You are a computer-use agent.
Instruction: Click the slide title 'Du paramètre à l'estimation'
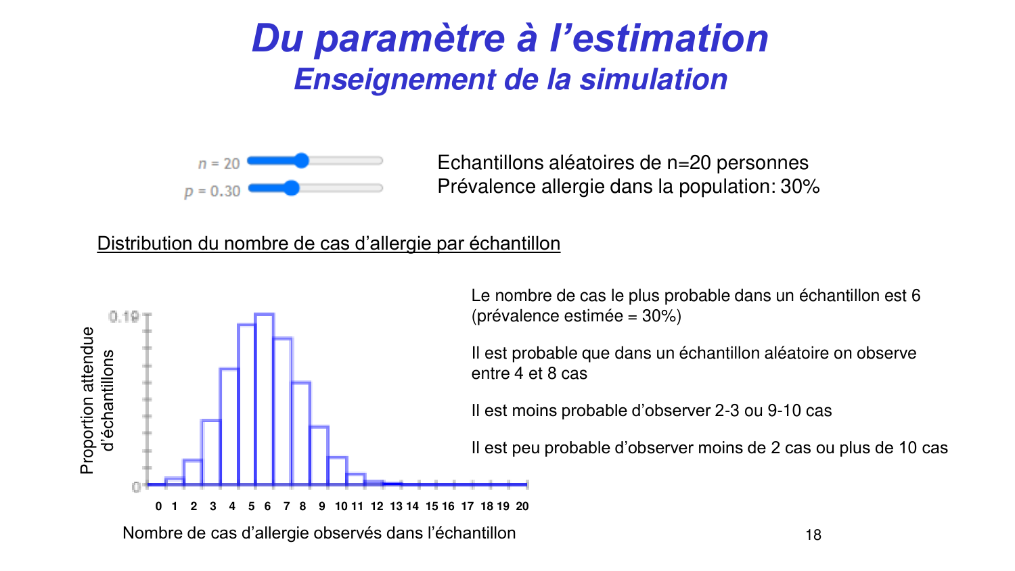510,39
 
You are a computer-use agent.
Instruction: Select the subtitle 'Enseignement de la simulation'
510,80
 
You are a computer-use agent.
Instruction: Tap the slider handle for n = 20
302,160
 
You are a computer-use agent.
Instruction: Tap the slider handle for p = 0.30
292,188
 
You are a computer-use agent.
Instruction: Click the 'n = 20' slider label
219,164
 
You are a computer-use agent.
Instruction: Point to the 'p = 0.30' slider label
212,191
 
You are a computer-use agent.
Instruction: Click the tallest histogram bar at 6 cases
265,399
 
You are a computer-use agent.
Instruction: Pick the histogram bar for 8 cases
301,433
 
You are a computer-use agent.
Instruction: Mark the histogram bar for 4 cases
229,426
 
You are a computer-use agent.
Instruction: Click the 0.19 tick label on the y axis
123,317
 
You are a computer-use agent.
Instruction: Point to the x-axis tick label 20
522,506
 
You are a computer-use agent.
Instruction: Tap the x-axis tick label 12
377,506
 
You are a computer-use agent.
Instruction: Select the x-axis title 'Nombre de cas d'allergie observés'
319,533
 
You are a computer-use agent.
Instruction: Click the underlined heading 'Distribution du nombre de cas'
328,244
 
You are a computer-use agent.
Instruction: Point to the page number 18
813,535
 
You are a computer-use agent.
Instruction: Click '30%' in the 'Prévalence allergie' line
800,187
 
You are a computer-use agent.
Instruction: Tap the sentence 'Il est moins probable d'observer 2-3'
651,411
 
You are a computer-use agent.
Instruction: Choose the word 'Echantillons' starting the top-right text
481,163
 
